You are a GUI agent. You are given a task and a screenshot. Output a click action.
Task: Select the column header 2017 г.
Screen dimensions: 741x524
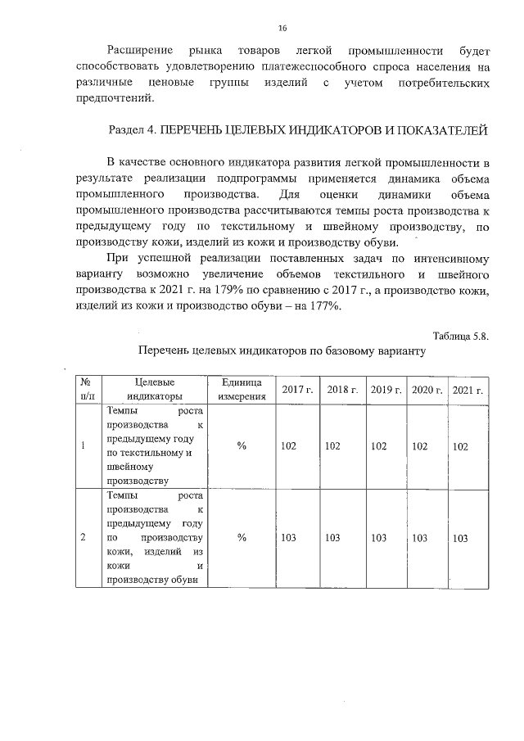pos(298,389)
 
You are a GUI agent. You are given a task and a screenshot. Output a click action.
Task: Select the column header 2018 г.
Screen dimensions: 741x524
pos(342,389)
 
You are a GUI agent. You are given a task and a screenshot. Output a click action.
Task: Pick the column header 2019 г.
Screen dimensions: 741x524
pos(386,389)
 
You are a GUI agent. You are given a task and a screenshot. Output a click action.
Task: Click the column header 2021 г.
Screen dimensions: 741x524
pos(468,389)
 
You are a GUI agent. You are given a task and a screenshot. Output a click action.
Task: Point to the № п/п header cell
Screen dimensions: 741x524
pos(85,389)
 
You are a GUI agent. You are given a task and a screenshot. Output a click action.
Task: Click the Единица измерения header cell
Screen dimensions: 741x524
pos(242,389)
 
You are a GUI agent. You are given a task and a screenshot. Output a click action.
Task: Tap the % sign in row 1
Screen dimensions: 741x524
pos(242,446)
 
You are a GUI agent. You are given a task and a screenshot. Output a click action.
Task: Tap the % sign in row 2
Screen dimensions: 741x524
pos(242,538)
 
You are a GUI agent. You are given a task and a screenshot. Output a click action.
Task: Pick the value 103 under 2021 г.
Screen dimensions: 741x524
pos(460,539)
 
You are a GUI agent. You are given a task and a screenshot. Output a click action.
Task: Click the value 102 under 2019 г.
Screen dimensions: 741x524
pos(378,446)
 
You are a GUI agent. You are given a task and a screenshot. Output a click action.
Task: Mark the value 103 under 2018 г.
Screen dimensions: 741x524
pos(332,538)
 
